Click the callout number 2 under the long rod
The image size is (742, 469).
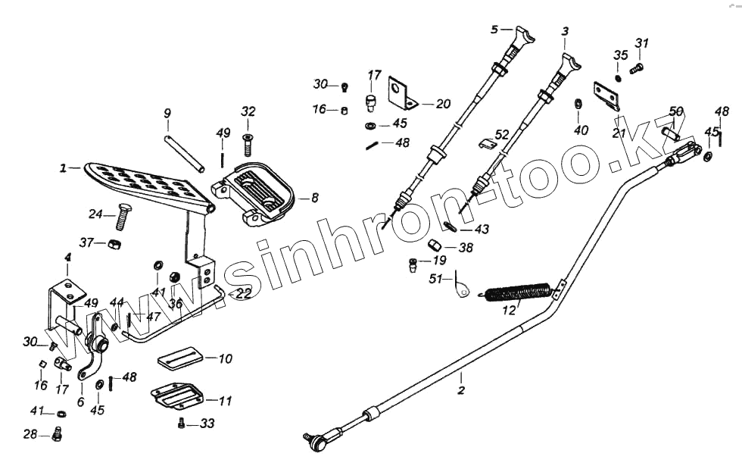pyautogui.click(x=461, y=391)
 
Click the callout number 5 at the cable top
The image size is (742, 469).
pyautogui.click(x=494, y=30)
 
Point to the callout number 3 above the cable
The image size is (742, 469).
pyautogui.click(x=565, y=31)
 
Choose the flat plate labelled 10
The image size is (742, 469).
pyautogui.click(x=182, y=358)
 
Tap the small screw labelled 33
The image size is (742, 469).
pyautogui.click(x=182, y=424)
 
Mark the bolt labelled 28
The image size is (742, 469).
pyautogui.click(x=58, y=435)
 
